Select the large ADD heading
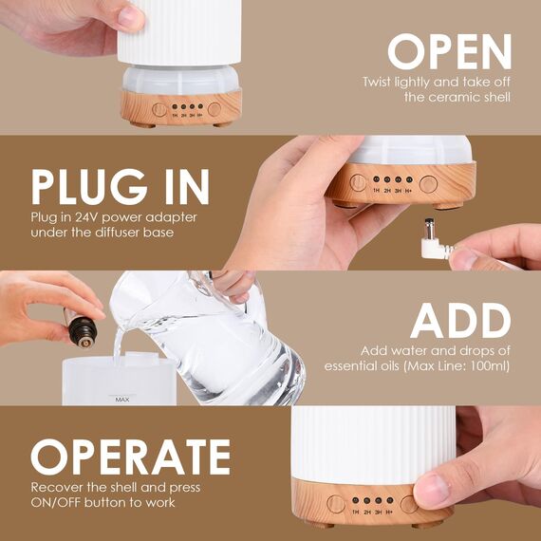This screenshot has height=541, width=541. tap(460, 322)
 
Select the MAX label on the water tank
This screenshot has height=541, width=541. tap(121, 401)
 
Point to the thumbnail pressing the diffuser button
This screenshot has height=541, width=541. tap(430, 491)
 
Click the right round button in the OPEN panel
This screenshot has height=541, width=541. tap(215, 109)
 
